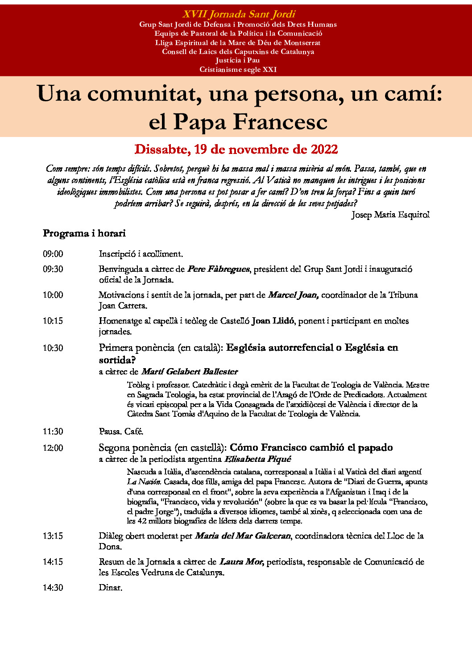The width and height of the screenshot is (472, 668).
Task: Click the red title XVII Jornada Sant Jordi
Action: coord(239,14)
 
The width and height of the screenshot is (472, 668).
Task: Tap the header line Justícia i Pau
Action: coord(237,60)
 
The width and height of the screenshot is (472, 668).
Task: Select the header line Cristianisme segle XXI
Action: coord(238,70)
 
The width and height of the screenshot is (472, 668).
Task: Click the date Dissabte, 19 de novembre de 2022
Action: coord(236,149)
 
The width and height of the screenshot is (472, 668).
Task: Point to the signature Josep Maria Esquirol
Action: coord(390,215)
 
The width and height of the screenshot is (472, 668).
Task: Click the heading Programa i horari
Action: coord(84,233)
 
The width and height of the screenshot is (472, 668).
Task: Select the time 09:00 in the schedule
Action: coord(53,254)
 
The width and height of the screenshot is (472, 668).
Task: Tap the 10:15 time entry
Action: coord(53,321)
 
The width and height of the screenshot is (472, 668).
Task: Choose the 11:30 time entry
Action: coord(53,432)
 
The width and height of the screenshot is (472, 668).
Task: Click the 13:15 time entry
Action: coord(53,536)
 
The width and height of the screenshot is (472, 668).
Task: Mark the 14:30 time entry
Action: coord(53,588)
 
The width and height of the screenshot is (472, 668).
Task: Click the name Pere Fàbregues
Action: coord(218,269)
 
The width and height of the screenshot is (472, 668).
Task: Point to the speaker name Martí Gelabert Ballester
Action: coord(190,372)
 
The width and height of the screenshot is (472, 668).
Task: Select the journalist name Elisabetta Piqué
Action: coord(257,459)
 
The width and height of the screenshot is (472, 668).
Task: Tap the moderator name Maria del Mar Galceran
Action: coord(243,536)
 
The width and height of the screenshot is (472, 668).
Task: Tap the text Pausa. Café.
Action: coord(121,432)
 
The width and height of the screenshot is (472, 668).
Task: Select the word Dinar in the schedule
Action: coord(110,588)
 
